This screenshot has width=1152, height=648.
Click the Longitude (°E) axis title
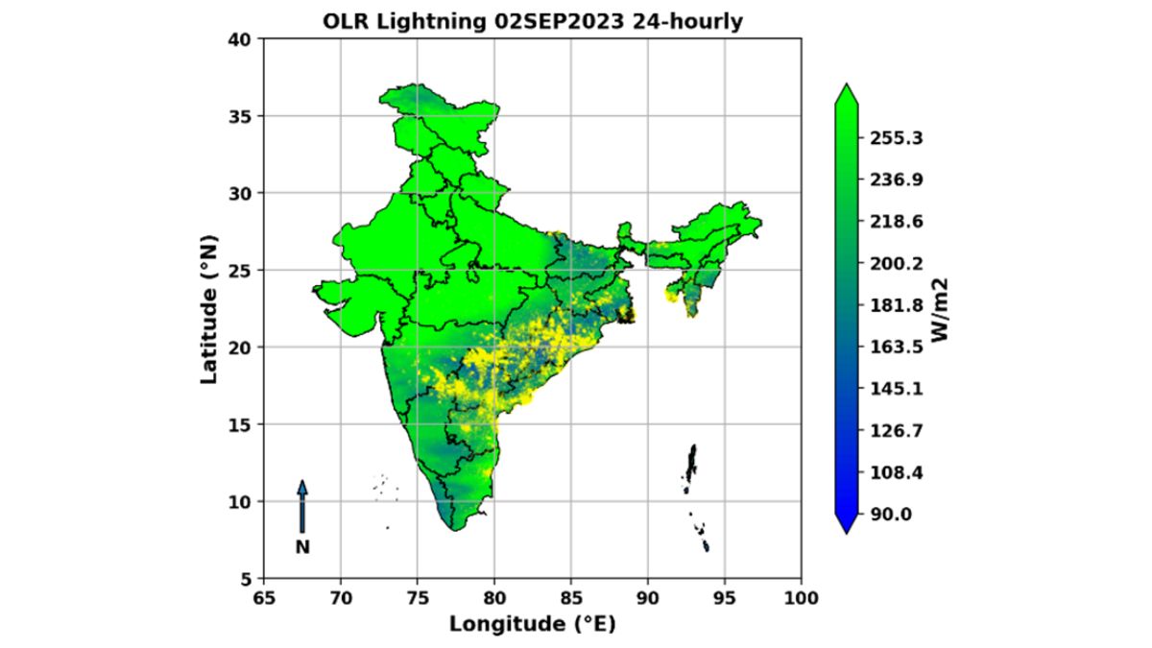coord(532,624)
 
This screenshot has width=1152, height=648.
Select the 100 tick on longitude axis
coord(801,599)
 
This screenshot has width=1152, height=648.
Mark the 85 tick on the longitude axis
coord(571,599)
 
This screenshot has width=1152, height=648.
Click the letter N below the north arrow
coord(302,548)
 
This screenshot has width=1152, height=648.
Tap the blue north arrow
coord(302,506)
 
